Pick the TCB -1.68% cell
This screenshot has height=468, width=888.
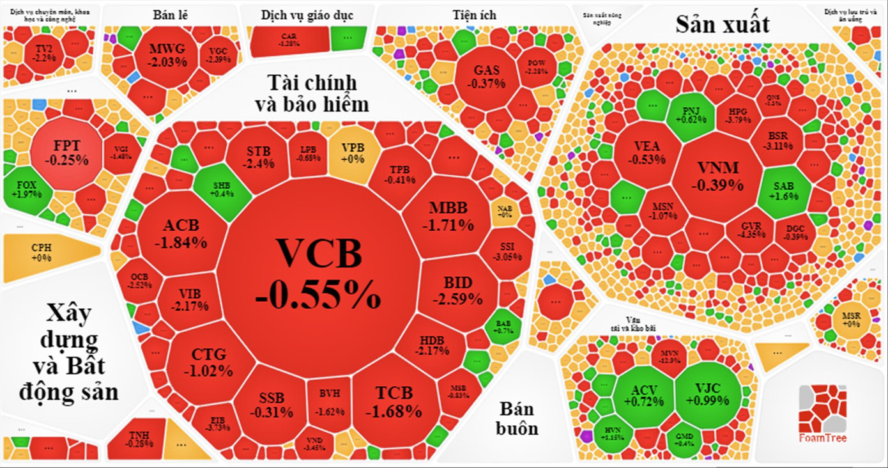[x=394, y=400]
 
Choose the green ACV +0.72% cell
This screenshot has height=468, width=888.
[x=643, y=396]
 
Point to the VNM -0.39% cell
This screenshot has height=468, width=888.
[x=718, y=176]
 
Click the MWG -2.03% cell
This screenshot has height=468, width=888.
[x=167, y=55]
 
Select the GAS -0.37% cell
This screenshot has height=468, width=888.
[x=486, y=76]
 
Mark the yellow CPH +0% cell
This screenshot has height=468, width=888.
[x=42, y=252]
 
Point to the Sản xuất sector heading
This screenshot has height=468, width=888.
[x=723, y=24]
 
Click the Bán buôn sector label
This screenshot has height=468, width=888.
[x=517, y=418]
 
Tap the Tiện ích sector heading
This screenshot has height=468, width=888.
[x=474, y=14]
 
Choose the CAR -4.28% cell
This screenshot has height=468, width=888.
[x=288, y=40]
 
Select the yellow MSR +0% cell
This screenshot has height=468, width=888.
[x=850, y=319]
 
